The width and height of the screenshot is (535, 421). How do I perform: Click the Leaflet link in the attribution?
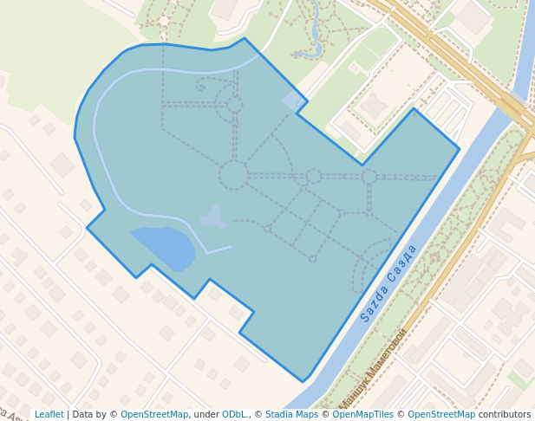49,414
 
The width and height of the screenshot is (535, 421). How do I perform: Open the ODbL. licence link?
235,414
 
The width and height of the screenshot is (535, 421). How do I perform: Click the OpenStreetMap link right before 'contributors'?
441,414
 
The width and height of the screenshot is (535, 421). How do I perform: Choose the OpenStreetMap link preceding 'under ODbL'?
154,414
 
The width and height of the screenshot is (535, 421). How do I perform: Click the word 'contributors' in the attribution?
505,414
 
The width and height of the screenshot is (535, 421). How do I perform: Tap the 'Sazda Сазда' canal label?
389,282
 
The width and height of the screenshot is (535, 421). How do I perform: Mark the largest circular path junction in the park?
233,175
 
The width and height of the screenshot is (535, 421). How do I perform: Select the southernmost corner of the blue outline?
303,381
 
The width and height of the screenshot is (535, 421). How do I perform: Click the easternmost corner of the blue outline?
459,148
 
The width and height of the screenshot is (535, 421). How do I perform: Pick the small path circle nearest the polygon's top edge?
234,105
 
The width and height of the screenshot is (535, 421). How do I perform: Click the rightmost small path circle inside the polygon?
369,176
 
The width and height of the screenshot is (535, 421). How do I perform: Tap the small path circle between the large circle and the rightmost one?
314,176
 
